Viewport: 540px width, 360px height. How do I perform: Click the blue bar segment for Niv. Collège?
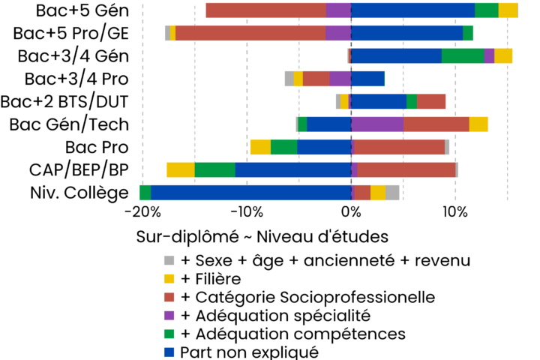(250, 193)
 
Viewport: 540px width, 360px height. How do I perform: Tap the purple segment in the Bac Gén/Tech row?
(376, 124)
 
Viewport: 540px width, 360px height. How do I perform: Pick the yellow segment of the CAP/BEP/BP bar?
(180, 170)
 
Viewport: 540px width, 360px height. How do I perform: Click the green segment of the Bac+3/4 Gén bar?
(462, 55)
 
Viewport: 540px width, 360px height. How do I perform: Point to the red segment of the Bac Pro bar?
(398, 147)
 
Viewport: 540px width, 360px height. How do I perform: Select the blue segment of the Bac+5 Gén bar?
(412, 10)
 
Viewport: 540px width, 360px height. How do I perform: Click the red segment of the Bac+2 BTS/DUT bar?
(431, 101)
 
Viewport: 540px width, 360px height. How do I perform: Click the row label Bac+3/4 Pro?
(76, 79)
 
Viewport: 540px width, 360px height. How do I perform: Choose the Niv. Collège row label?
(77, 193)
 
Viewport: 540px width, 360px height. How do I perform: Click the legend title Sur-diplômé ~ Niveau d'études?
(262, 237)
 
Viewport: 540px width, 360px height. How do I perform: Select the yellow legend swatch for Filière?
(169, 279)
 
